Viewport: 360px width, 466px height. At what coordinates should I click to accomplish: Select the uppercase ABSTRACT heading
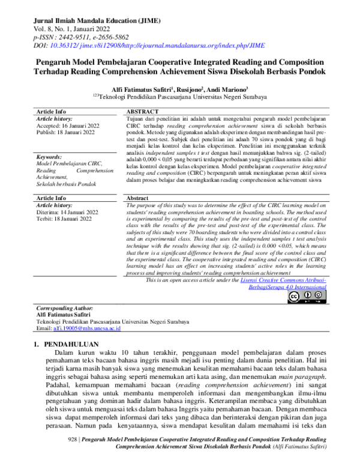[143, 112]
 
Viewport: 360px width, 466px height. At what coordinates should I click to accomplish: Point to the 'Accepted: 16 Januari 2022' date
[65, 126]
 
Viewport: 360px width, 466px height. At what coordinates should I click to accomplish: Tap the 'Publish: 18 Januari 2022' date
[64, 133]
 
